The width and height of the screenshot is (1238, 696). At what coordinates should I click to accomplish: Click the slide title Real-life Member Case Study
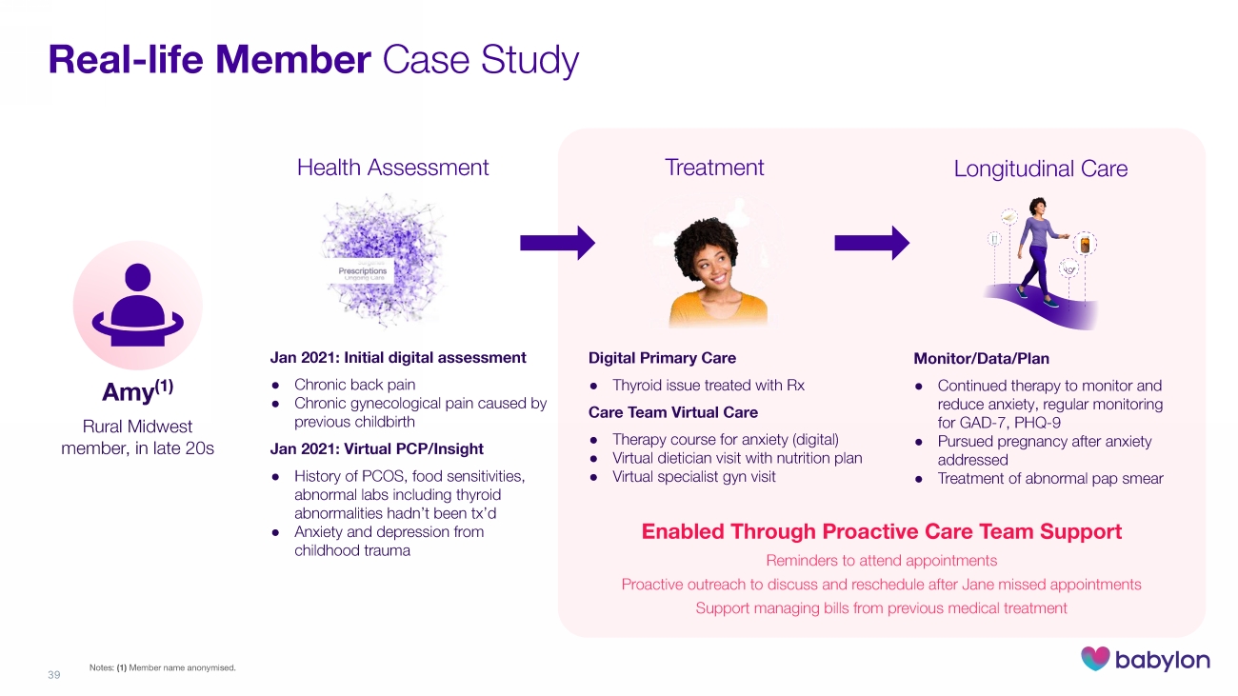313,60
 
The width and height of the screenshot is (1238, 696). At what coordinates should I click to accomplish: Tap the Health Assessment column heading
392,168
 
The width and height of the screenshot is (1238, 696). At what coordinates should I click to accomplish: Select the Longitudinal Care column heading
1040,169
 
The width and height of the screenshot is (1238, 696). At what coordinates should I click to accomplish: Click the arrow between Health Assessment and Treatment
557,244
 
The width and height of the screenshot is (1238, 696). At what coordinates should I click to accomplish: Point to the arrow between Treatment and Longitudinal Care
871,244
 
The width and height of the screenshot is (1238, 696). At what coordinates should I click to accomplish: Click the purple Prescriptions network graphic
363,258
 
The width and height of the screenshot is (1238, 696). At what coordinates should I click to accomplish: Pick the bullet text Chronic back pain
354,386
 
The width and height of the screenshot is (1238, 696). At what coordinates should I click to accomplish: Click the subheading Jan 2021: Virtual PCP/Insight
377,448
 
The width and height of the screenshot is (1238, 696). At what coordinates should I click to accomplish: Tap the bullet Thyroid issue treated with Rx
709,386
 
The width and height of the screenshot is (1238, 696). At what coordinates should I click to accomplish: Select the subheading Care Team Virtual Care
673,412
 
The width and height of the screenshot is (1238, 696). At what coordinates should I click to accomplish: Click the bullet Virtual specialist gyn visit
693,476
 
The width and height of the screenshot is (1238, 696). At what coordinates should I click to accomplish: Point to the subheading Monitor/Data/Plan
981,359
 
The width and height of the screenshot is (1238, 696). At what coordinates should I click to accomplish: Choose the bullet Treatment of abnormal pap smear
1050,478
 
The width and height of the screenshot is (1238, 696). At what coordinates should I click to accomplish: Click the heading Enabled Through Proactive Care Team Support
882,531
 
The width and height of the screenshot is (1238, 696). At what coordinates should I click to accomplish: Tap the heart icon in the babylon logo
1095,659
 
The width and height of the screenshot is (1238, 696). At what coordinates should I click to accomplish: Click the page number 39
53,675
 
